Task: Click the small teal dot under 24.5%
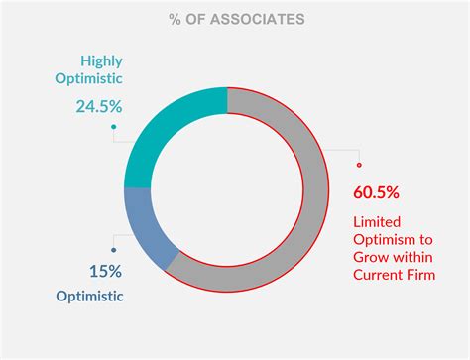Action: coord(114,127)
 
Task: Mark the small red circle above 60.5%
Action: coord(359,165)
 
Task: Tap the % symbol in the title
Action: coord(176,19)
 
